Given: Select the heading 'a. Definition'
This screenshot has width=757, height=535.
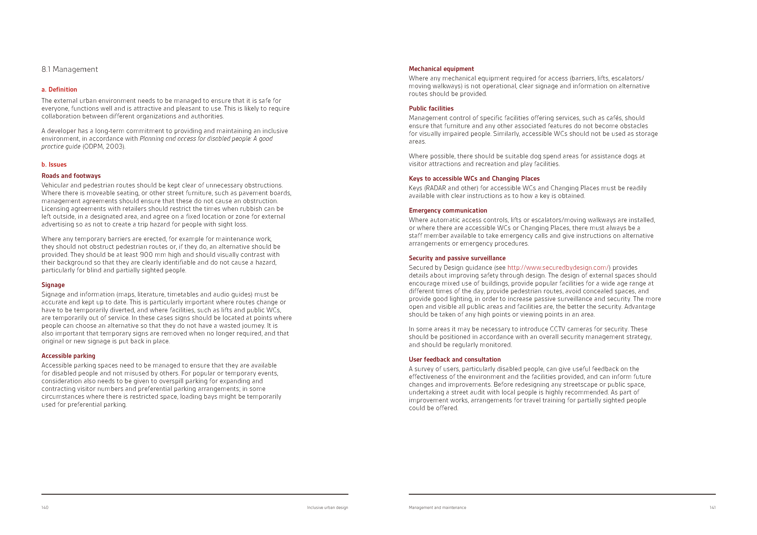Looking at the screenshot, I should [59, 90].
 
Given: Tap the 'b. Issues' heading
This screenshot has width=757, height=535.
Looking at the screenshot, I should [54, 165].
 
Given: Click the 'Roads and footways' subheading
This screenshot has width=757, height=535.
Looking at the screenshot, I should [71, 176].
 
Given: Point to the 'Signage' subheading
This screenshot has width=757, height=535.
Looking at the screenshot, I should [53, 285].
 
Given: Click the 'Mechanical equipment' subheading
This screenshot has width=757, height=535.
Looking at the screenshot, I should [441, 69].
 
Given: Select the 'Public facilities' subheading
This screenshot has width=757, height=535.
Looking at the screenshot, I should [431, 108].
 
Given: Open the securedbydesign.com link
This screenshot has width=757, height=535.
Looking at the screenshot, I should [558, 268].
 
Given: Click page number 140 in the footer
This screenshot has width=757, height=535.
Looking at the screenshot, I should [45, 508].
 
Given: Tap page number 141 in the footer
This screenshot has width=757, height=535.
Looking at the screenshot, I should [713, 508].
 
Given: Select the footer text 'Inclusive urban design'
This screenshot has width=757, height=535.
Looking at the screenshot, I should [327, 508].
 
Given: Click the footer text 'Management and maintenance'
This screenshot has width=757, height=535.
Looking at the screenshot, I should [437, 508].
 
